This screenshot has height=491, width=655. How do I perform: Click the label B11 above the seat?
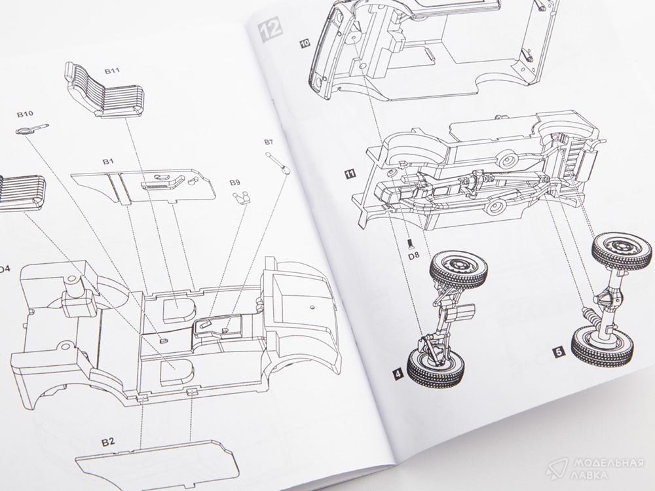pyautogui.click(x=111, y=70)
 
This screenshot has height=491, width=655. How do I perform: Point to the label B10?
pyautogui.click(x=25, y=115)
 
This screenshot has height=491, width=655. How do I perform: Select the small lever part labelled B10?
pyautogui.click(x=33, y=128)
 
